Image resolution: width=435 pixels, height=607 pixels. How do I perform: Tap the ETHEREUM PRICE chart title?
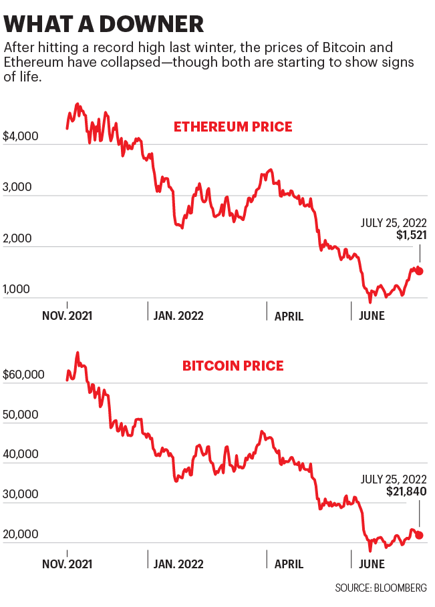click(x=233, y=126)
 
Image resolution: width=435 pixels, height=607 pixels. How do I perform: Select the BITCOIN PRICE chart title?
click(x=233, y=366)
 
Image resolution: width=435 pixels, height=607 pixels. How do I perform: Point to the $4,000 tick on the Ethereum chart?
click(x=21, y=136)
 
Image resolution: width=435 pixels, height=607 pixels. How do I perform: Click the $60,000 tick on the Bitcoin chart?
click(x=24, y=375)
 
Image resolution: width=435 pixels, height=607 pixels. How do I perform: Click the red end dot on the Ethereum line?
click(x=419, y=271)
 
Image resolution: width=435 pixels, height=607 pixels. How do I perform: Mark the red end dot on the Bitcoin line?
click(x=419, y=535)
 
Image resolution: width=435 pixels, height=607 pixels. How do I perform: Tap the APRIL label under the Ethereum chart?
click(x=289, y=316)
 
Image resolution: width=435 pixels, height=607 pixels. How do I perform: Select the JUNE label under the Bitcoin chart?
click(x=372, y=564)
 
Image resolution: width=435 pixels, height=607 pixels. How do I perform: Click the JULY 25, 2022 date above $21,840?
click(x=394, y=478)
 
